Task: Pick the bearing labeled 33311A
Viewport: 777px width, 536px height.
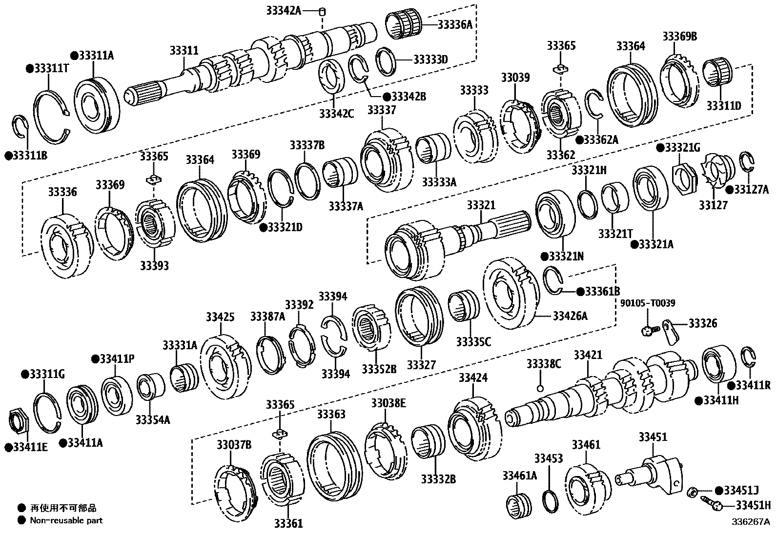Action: pos(97,105)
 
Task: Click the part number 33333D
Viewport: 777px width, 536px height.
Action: pos(430,60)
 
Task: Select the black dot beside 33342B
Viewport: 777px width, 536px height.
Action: pos(386,97)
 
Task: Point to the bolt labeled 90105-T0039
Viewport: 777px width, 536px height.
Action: pos(648,331)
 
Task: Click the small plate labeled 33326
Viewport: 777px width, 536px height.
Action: pos(672,332)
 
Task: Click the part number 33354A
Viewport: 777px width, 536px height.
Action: pos(153,419)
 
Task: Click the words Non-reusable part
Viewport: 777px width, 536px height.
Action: pos(66,520)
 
